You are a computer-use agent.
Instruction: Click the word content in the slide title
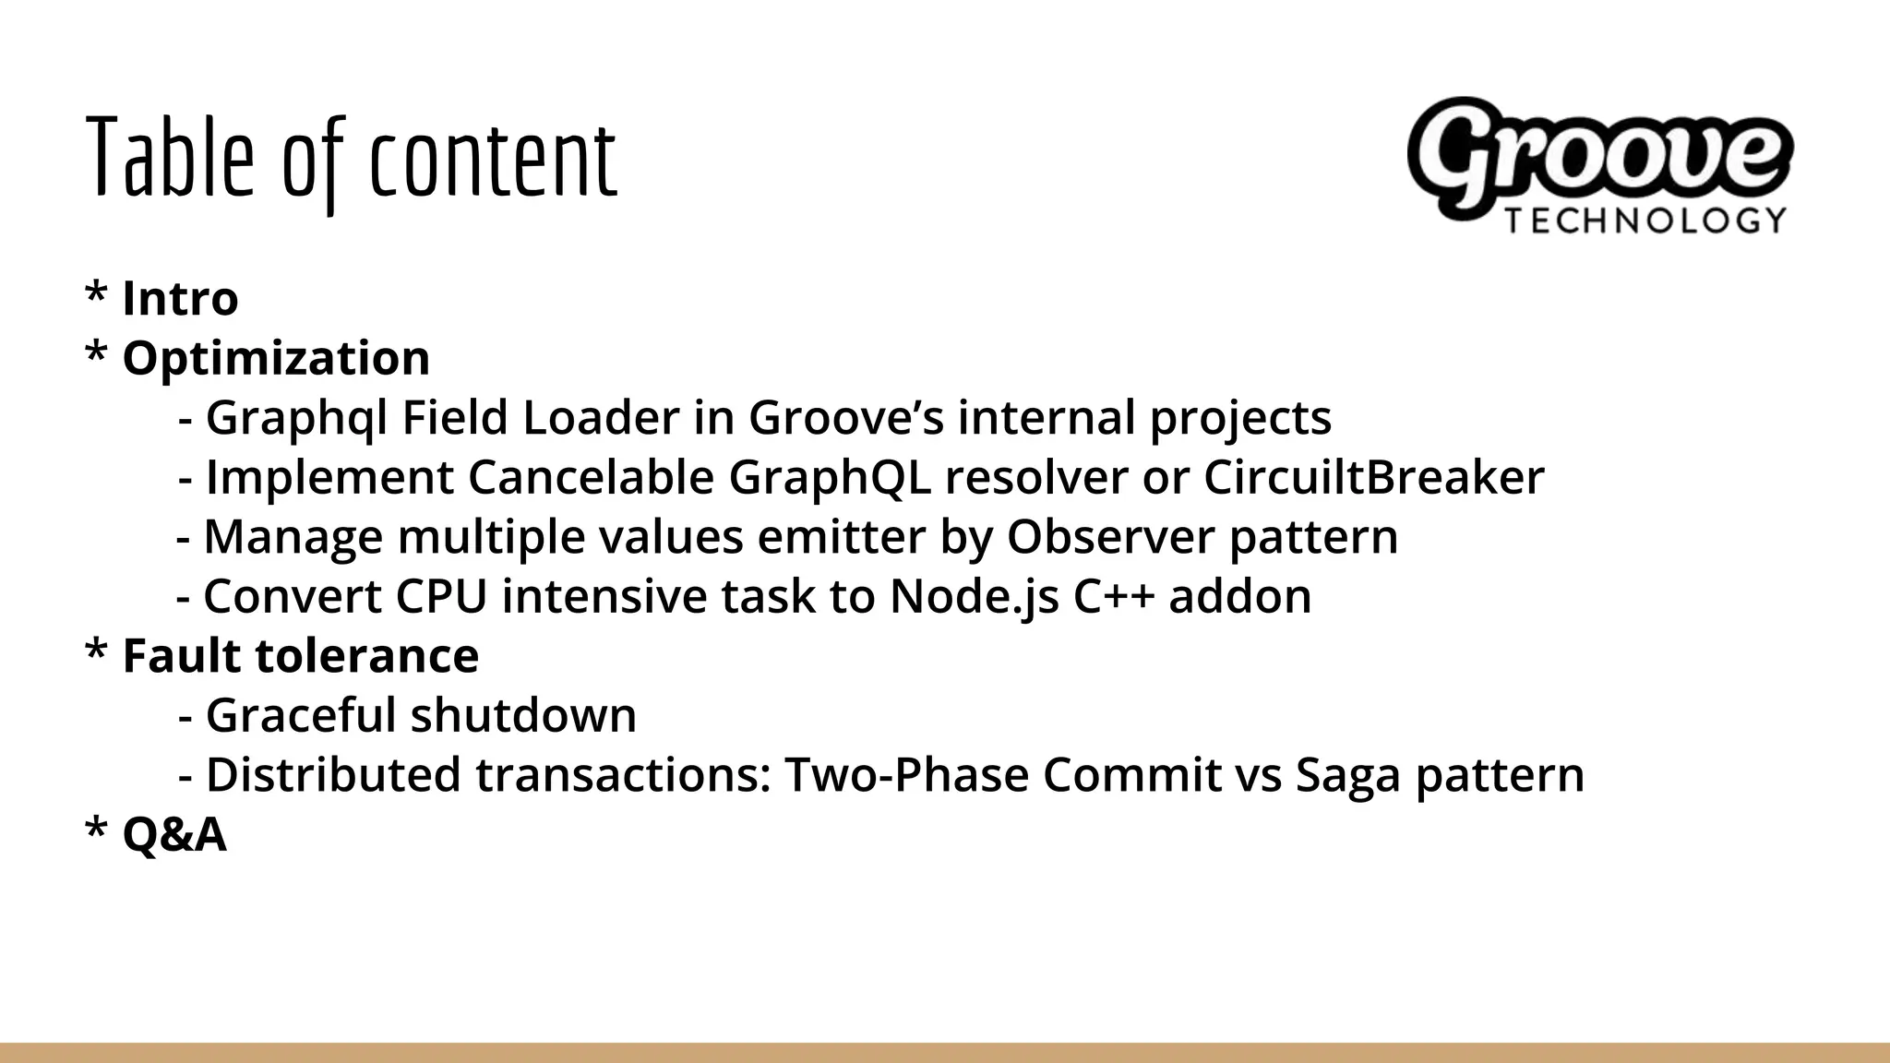[492, 161]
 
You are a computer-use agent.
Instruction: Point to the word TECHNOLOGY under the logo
[1645, 221]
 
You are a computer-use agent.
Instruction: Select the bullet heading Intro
[180, 298]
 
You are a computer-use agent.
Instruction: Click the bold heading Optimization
[276, 358]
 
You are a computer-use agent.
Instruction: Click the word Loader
[601, 418]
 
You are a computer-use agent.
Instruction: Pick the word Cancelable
[591, 478]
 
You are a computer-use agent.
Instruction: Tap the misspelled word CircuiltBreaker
[1373, 478]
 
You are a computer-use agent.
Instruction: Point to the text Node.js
[974, 597]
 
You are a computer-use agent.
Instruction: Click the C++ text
[1114, 597]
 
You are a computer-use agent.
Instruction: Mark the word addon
[1239, 597]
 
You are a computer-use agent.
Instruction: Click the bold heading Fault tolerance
[300, 656]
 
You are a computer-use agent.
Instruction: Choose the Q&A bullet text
[173, 835]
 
